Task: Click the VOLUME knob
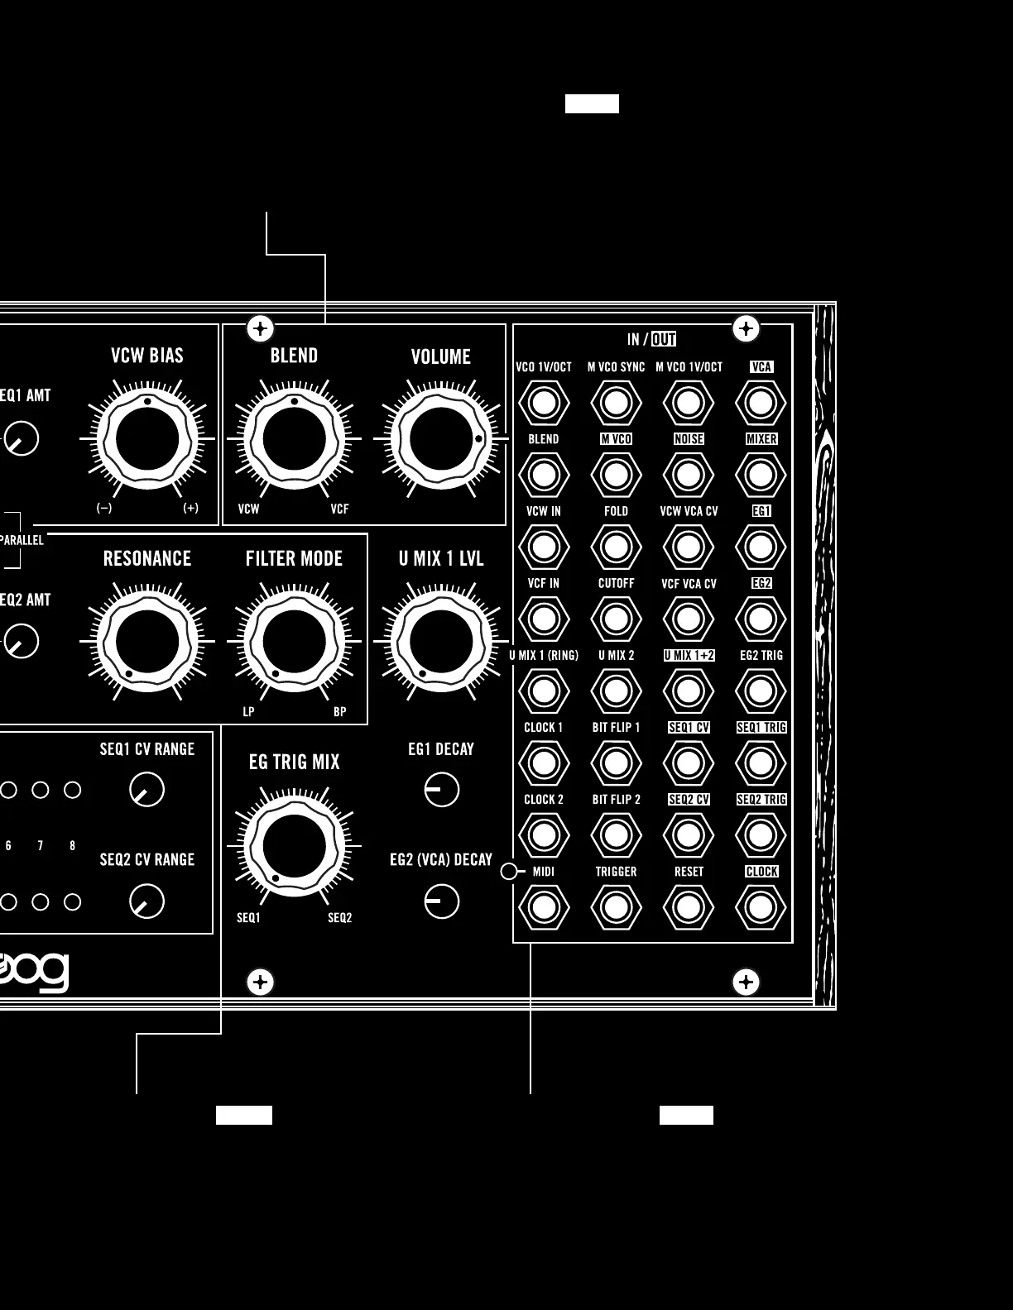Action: [x=441, y=439]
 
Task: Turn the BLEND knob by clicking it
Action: [x=294, y=439]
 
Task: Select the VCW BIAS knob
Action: [x=147, y=439]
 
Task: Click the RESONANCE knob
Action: [x=147, y=642]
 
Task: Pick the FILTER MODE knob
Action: [x=294, y=642]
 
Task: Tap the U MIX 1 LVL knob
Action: [x=441, y=642]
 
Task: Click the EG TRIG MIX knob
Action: [x=294, y=846]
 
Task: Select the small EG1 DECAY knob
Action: [x=442, y=790]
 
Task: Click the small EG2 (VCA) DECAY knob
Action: [x=442, y=901]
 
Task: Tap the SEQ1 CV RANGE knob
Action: [x=147, y=790]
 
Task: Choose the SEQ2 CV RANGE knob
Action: [x=147, y=901]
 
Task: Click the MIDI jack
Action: [x=544, y=907]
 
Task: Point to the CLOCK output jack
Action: [x=761, y=907]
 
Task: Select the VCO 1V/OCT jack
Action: [x=544, y=403]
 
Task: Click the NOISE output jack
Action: [x=689, y=475]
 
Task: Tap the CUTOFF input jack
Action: [x=616, y=619]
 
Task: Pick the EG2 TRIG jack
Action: [x=761, y=691]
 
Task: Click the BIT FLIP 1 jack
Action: [x=616, y=763]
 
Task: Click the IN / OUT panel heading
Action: [x=651, y=339]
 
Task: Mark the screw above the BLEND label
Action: [x=261, y=328]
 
